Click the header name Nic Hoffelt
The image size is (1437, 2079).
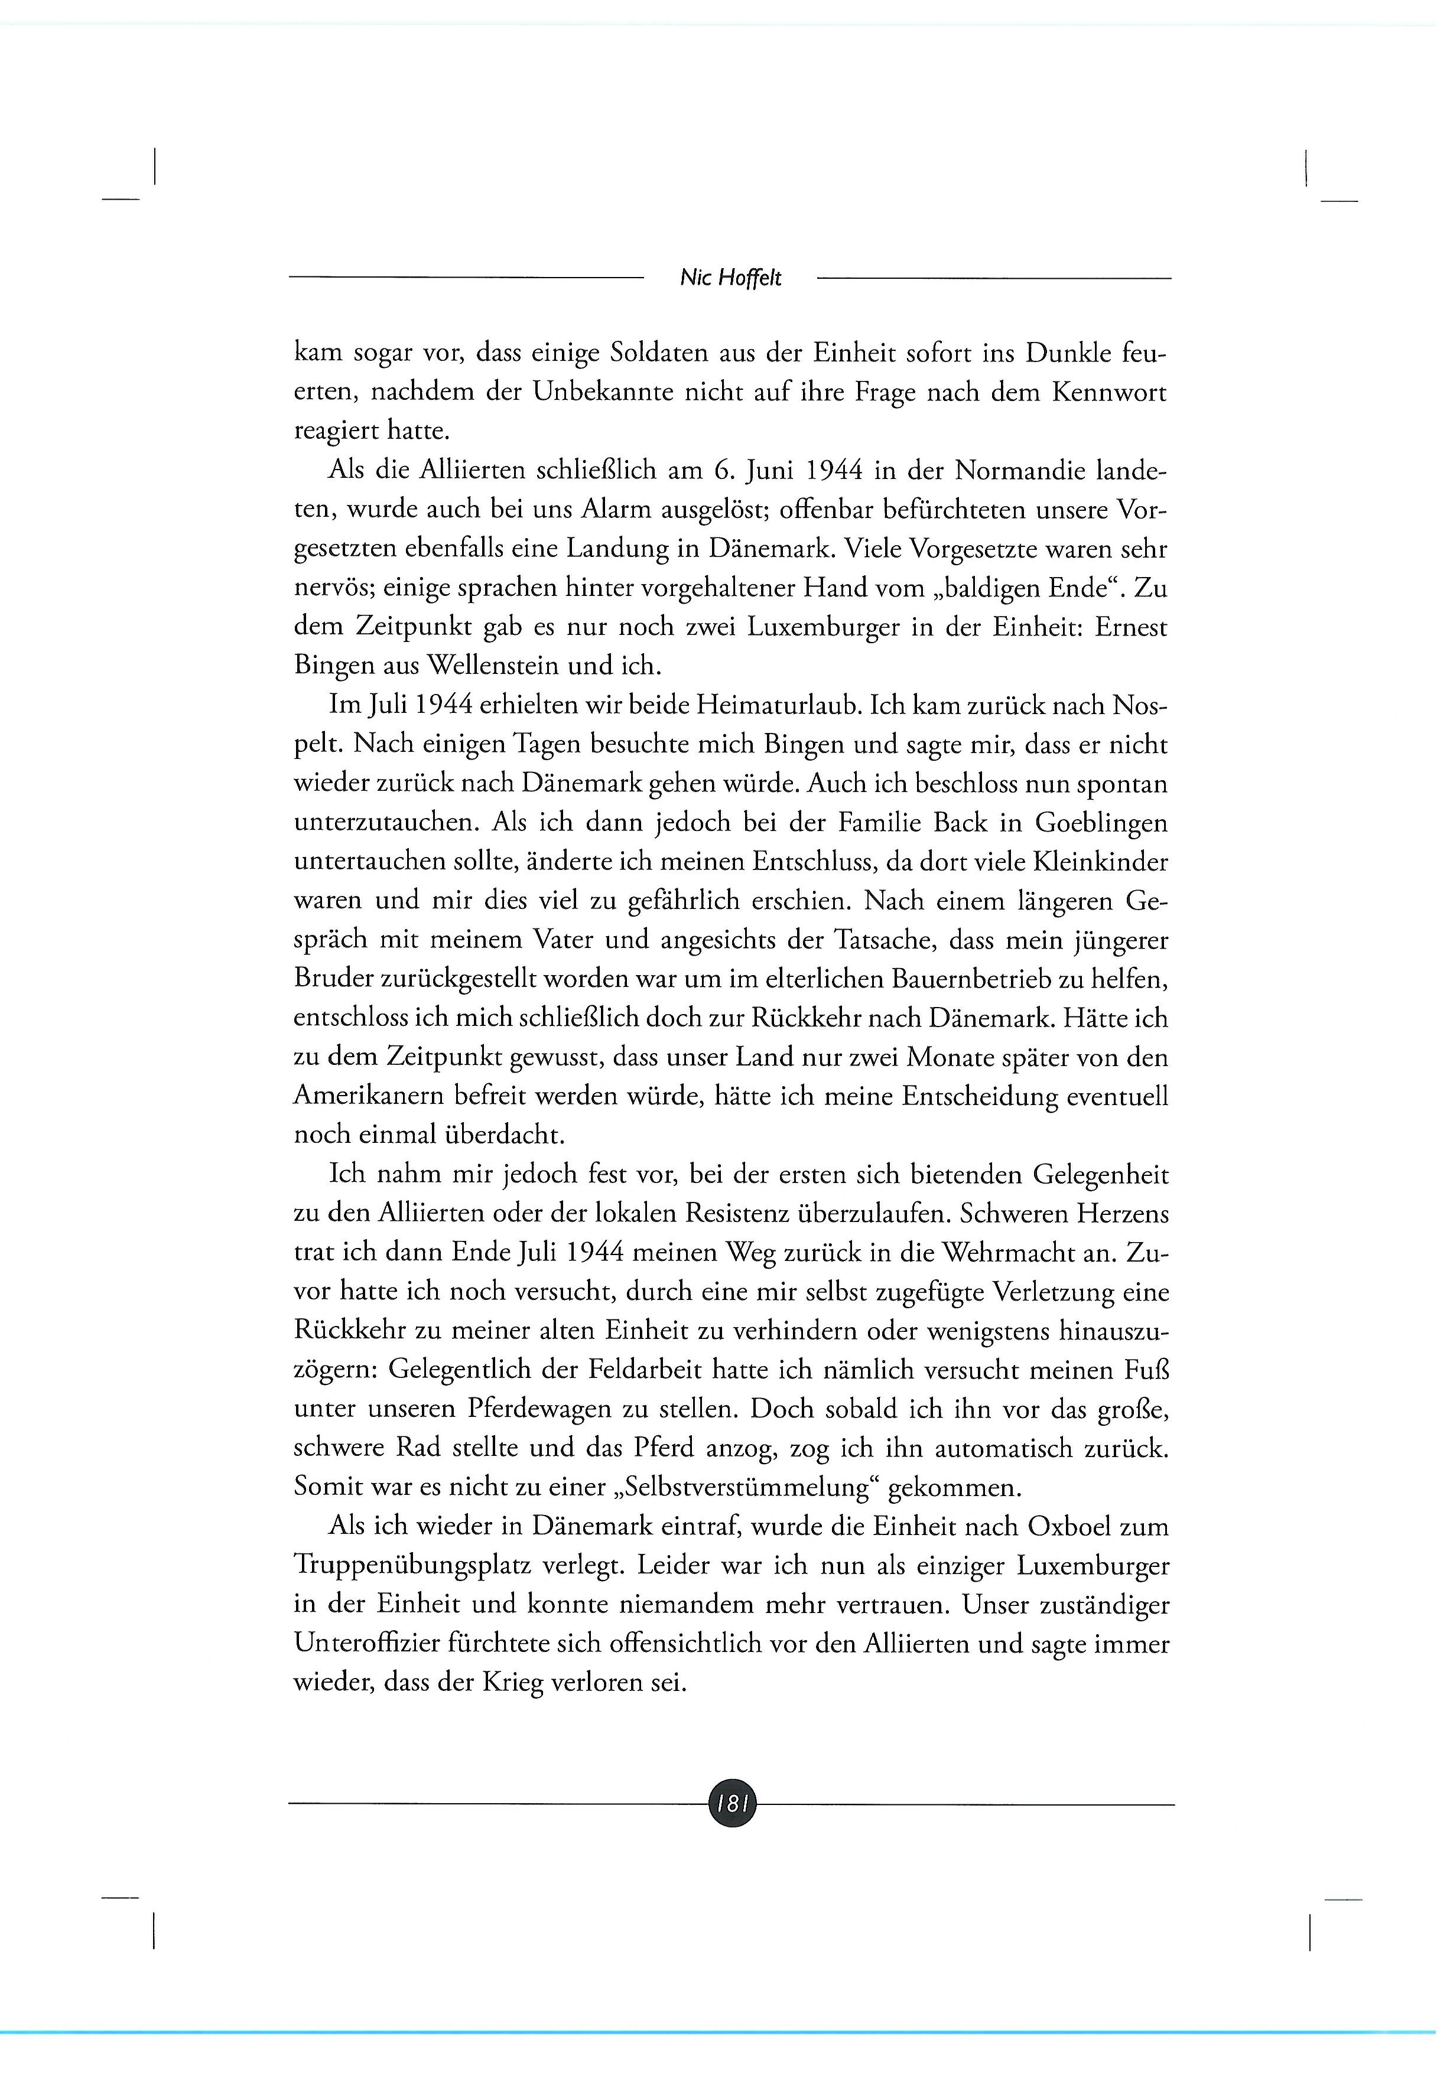coord(730,278)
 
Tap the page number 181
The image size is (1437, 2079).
coord(731,1803)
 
